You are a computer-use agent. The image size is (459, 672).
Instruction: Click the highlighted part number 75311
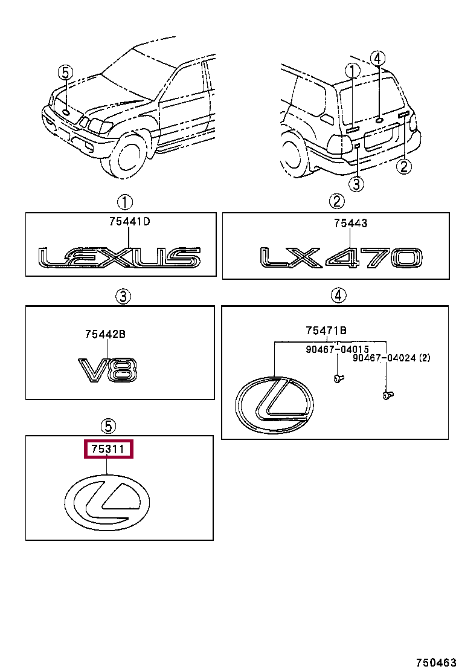(x=108, y=450)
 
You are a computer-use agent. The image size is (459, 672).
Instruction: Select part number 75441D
(x=129, y=222)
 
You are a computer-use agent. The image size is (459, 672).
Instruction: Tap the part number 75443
(x=350, y=224)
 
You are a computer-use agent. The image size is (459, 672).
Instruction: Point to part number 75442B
(x=105, y=334)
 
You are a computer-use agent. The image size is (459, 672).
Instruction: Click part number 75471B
(x=326, y=330)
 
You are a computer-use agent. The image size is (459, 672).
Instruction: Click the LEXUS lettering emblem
(x=120, y=258)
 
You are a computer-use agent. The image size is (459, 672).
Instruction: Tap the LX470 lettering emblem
(x=341, y=258)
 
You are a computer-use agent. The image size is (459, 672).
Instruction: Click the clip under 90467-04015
(x=338, y=378)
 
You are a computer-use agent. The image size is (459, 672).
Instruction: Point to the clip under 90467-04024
(x=387, y=396)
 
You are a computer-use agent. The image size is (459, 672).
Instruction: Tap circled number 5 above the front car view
(x=65, y=73)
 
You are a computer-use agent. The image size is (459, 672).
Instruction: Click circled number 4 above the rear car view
(x=377, y=59)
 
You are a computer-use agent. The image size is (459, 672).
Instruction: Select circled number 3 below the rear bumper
(x=356, y=184)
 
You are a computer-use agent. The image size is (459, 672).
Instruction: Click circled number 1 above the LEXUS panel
(x=124, y=202)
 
